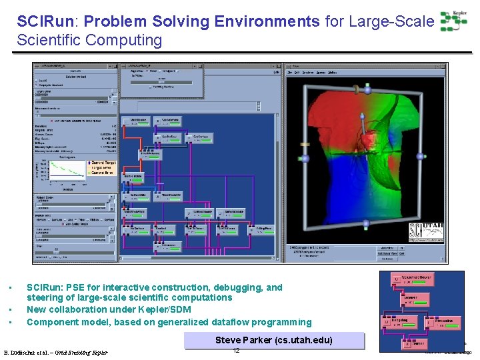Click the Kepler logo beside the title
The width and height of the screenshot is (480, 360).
pyautogui.click(x=453, y=21)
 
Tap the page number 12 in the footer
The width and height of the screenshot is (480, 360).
pyautogui.click(x=236, y=351)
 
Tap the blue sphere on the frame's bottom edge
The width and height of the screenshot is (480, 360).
pyautogui.click(x=366, y=224)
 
